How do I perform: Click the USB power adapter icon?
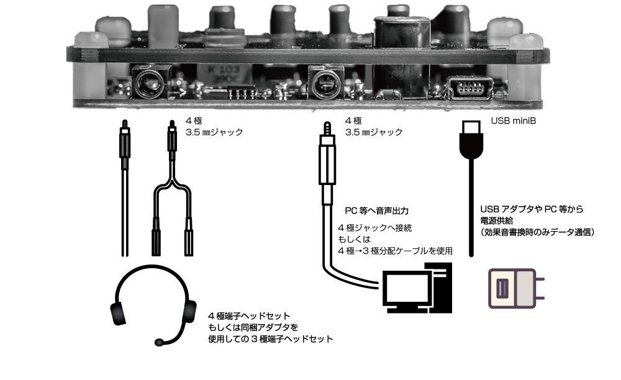(513, 289)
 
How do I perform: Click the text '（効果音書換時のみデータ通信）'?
(537, 232)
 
